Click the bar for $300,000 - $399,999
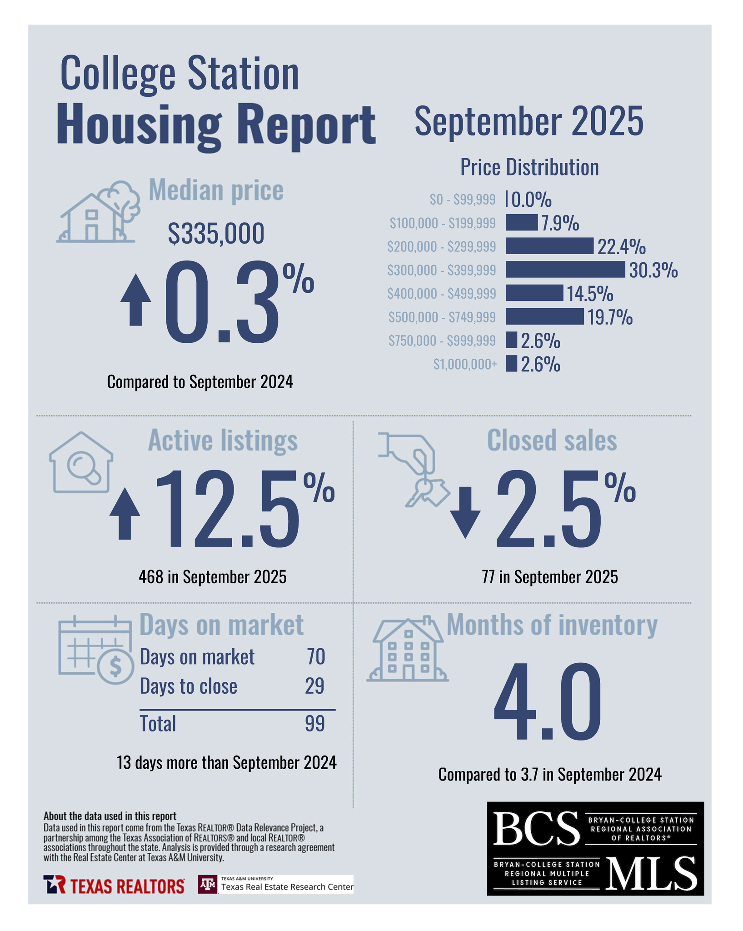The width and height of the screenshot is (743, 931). [565, 270]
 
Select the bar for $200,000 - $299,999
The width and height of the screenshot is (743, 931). [549, 246]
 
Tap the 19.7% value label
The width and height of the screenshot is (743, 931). [610, 317]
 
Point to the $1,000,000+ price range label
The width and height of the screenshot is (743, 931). [464, 364]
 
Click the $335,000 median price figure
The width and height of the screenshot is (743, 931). [216, 234]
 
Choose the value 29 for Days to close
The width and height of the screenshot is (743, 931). [314, 686]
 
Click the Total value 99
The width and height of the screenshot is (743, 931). [314, 723]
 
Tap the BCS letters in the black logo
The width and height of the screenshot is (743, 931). [536, 828]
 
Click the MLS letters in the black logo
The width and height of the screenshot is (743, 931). [651, 873]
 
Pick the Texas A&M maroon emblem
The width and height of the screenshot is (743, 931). [208, 884]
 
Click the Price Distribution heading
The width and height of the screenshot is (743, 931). [529, 167]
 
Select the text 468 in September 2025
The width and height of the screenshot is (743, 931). [212, 577]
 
